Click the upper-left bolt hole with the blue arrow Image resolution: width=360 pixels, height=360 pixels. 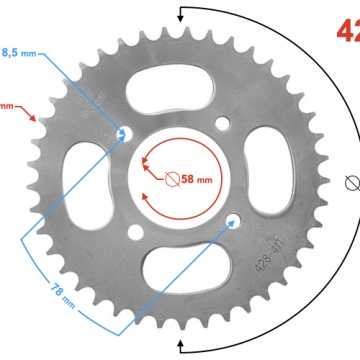click(125, 132)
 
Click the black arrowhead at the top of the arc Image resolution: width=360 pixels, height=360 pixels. click(182, 13)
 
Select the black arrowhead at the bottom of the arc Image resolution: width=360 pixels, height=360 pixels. click(182, 345)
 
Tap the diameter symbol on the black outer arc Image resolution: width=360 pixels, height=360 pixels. click(351, 183)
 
